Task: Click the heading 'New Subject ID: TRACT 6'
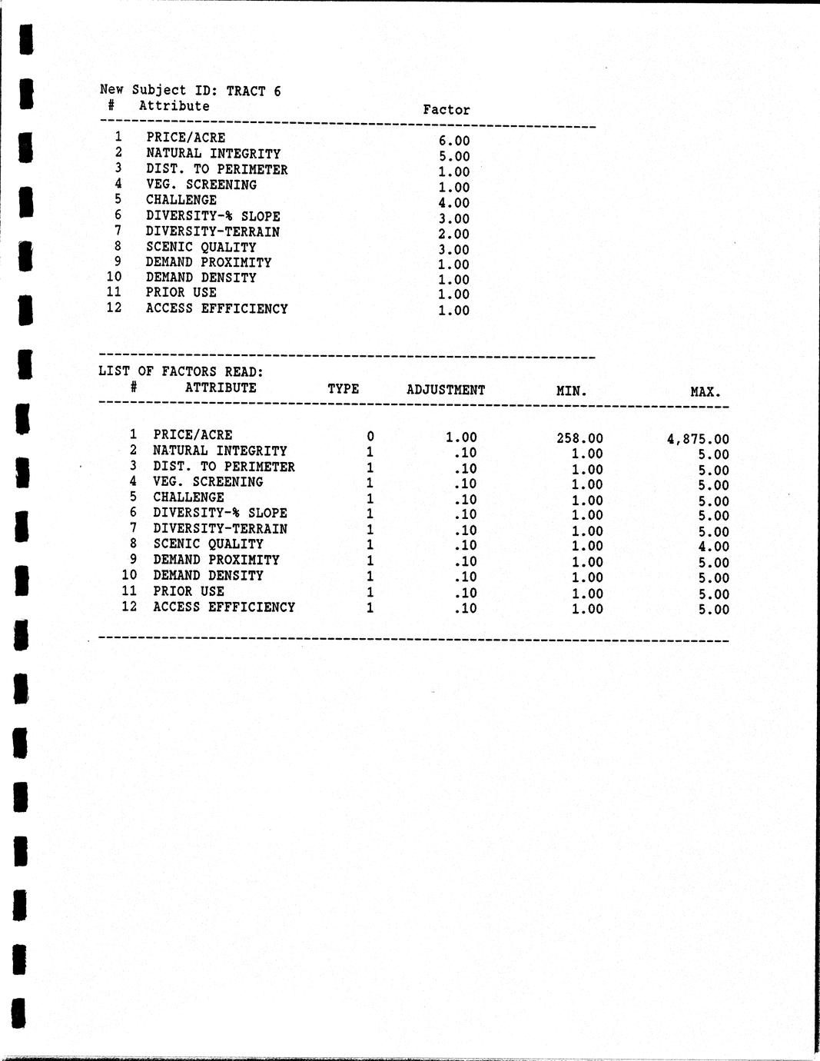click(190, 91)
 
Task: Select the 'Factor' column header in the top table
click(446, 110)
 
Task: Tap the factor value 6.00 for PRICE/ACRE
click(453, 141)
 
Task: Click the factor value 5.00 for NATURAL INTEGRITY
click(453, 156)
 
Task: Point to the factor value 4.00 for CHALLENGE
click(453, 203)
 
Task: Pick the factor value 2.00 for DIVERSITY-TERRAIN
click(453, 234)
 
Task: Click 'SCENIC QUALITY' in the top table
click(201, 247)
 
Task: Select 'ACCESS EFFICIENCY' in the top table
click(217, 308)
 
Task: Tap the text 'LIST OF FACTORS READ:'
click(181, 371)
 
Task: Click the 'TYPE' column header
click(343, 388)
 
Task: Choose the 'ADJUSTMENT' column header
click(446, 390)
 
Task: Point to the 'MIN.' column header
click(571, 391)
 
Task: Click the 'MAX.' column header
click(705, 392)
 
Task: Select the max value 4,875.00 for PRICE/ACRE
click(698, 440)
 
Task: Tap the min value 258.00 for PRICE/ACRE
click(579, 439)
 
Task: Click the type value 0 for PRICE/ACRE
click(370, 437)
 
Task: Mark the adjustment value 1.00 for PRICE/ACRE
click(461, 437)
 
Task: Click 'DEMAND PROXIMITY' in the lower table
click(216, 560)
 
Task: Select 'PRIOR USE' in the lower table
click(188, 591)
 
